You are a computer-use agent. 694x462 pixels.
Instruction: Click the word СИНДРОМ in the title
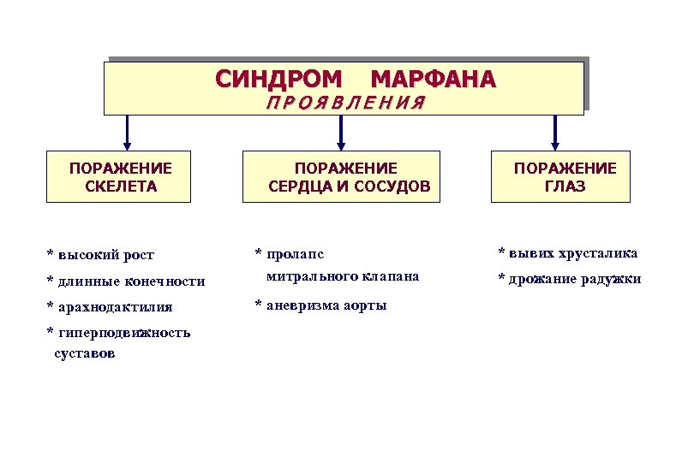coord(278,80)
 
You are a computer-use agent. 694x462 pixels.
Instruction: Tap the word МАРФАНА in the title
coord(433,80)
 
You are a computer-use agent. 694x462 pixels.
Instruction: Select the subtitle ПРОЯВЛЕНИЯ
coord(346,104)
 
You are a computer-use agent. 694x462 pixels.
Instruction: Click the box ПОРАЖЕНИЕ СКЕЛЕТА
coord(120,177)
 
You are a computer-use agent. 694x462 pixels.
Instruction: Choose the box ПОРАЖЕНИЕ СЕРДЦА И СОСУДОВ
coord(342,177)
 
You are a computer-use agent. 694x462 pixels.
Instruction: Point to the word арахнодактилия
coord(114,307)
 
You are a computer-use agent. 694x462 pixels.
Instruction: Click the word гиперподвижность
coord(123,333)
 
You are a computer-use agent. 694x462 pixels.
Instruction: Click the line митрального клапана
coord(343,276)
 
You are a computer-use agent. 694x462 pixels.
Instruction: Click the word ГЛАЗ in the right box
coord(565,187)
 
